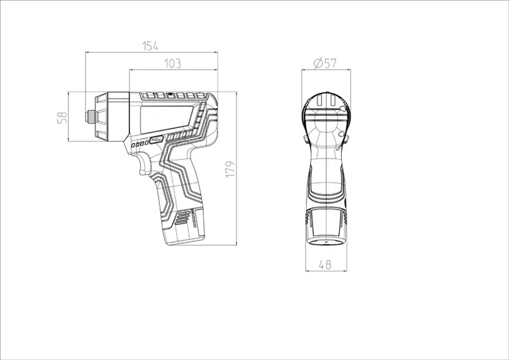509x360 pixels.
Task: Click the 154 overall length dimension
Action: [x=151, y=46]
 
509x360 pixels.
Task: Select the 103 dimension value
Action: [x=173, y=64]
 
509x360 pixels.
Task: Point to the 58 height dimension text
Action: [x=64, y=117]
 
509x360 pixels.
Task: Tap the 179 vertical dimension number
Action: [x=229, y=168]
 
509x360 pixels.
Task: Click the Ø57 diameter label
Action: [x=325, y=63]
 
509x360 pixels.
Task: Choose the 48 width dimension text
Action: [x=325, y=265]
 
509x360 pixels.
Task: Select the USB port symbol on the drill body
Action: [x=156, y=141]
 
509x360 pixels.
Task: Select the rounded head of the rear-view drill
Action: [x=325, y=109]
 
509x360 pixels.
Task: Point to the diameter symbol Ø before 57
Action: [x=317, y=63]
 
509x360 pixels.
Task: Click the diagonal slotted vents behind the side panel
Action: [x=199, y=119]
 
